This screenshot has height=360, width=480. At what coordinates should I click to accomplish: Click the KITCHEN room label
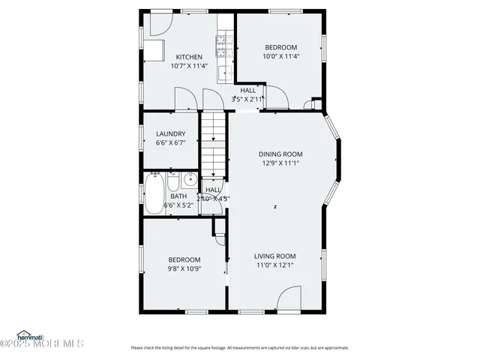(189, 57)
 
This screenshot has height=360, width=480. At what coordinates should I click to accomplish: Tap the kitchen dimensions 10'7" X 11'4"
(189, 66)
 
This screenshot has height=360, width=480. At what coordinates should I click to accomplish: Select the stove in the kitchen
(222, 47)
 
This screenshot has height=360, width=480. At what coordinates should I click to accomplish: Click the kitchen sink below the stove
(222, 73)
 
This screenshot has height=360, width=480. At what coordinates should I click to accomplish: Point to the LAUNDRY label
(170, 134)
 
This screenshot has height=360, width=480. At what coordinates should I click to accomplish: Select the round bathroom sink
(190, 179)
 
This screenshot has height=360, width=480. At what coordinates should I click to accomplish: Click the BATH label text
(178, 196)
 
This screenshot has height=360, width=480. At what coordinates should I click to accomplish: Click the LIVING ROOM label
(275, 256)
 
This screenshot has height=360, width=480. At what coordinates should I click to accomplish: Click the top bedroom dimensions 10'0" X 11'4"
(280, 56)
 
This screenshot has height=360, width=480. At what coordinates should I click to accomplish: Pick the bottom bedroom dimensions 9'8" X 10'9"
(184, 268)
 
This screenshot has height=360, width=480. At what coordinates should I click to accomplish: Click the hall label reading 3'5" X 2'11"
(248, 99)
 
